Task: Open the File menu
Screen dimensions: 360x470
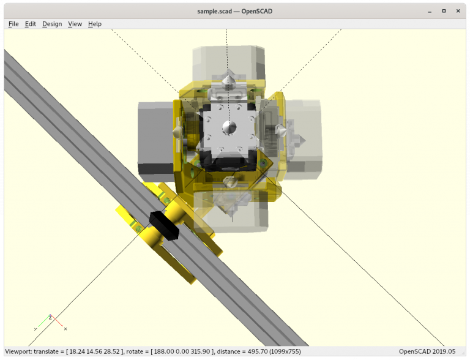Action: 13,24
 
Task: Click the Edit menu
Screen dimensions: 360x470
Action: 30,24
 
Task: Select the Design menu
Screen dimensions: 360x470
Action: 52,24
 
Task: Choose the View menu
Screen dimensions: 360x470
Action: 75,24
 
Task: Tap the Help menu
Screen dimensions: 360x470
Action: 94,24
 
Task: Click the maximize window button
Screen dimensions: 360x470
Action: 443,10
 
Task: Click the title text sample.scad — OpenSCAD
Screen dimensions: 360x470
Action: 234,10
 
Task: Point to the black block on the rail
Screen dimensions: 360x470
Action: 163,224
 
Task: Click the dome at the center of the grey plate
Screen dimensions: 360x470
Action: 228,127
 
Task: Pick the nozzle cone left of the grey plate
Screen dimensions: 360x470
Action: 177,130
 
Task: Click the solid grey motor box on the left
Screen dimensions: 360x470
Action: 155,138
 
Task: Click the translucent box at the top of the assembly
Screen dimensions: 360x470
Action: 229,61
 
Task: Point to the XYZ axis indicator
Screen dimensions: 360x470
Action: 50,322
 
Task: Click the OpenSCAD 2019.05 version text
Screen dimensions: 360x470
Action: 427,351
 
